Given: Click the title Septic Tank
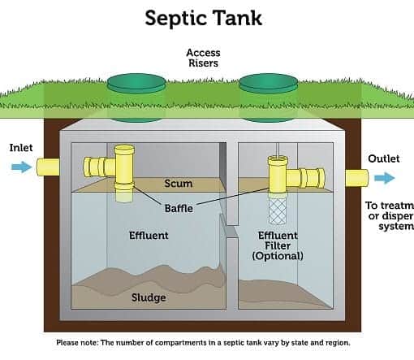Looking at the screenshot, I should pos(207,17).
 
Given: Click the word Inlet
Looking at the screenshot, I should pos(21,148).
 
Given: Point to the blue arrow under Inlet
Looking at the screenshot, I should pos(20,167).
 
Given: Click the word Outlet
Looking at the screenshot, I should pos(383,158).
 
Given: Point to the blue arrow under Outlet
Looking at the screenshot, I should pos(384,178).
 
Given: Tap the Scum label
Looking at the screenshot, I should pos(179,184).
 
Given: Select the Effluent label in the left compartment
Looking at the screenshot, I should pos(149,236).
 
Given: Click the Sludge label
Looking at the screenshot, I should pos(149,297).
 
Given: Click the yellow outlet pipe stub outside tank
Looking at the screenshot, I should pos(356,178).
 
